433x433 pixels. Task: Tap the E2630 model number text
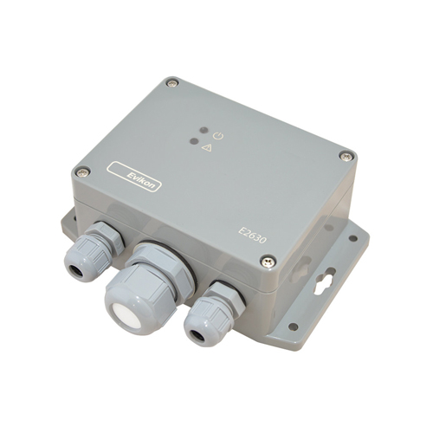pos(252,236)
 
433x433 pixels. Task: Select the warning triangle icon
pos(207,148)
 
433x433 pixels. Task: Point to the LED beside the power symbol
pos(204,130)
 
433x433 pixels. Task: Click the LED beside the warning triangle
pos(194,141)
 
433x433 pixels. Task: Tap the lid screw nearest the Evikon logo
pos(82,172)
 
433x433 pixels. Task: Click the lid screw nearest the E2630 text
pos(268,262)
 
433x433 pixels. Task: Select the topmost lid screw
pos(172,83)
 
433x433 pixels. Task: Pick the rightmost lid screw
pos(346,156)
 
